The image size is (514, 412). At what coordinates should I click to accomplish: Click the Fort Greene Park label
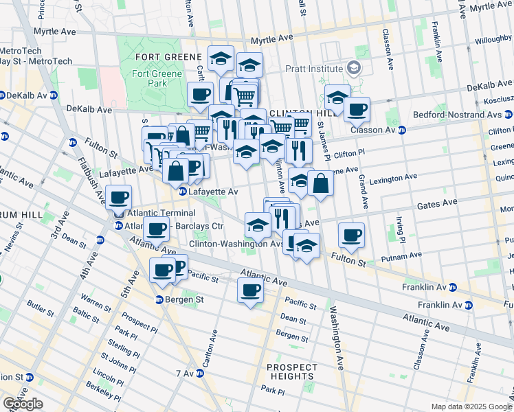point(157,78)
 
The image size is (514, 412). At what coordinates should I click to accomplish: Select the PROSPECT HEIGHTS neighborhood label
point(292,371)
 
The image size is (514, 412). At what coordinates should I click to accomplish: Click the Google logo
point(23,404)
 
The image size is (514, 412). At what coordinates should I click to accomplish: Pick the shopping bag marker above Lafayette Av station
point(176,170)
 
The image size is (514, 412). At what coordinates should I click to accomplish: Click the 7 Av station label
point(186,373)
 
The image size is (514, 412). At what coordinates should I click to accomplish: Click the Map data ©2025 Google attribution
point(471,407)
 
